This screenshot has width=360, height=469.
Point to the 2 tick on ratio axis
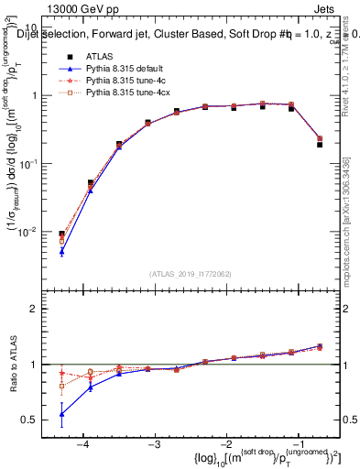click(39, 310)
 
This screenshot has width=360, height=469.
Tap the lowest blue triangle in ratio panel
click(61, 414)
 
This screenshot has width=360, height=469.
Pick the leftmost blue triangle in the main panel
click(61, 251)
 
